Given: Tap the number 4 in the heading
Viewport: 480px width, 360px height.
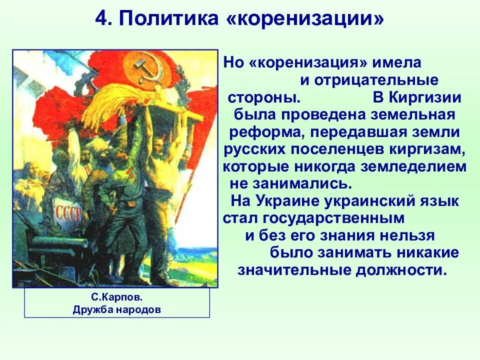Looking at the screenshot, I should pyautogui.click(x=102, y=20).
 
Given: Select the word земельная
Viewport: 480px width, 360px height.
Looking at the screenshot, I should pyautogui.click(x=413, y=114).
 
